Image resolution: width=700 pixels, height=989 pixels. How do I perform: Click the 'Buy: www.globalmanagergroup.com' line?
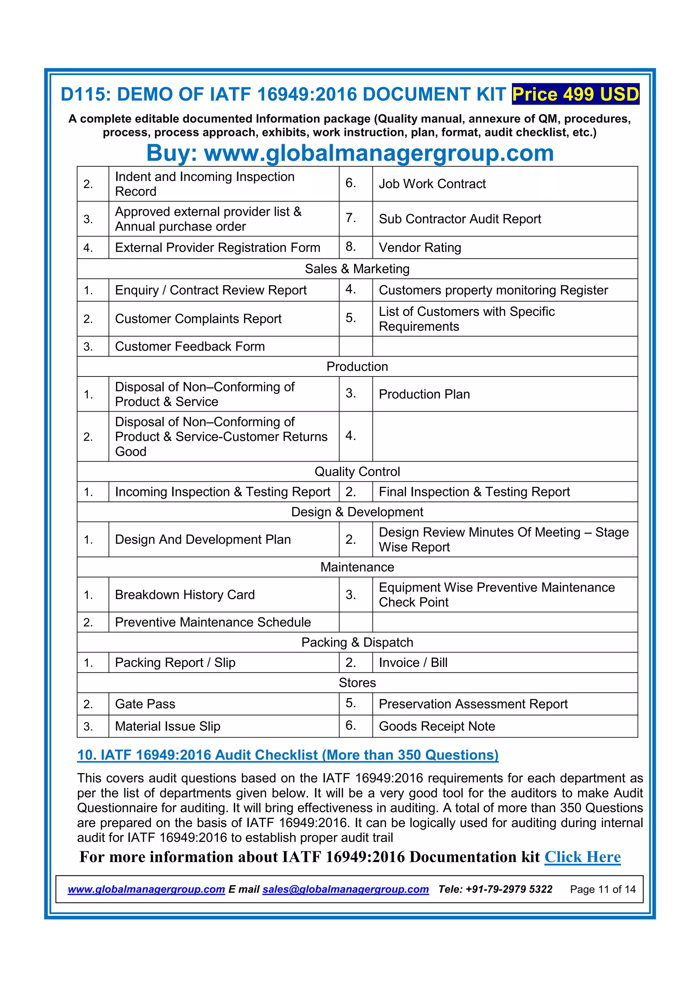[350, 153]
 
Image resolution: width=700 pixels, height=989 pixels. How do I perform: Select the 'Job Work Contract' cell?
[432, 184]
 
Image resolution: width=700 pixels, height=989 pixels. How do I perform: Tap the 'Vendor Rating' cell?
[420, 248]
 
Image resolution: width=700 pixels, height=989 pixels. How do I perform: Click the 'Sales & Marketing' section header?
[357, 269]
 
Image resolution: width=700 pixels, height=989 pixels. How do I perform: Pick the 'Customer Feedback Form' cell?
[190, 346]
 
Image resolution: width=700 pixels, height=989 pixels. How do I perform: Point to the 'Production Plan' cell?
[424, 394]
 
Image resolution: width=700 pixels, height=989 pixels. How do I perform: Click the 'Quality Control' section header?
[357, 472]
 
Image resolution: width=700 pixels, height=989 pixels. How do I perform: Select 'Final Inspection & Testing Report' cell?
[474, 492]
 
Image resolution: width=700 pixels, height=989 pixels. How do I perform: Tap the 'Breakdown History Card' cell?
[185, 595]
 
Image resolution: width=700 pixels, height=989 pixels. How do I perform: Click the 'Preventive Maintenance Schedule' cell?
[213, 622]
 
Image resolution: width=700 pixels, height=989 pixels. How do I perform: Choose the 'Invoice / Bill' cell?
[413, 662]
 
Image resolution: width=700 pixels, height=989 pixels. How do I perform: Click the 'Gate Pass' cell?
[145, 704]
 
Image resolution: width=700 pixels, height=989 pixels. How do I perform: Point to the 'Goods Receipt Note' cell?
[436, 726]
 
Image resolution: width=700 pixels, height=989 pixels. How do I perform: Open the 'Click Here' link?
[582, 857]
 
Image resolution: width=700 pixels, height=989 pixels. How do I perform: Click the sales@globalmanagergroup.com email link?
[345, 890]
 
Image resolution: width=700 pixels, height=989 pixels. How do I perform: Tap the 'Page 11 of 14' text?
[603, 890]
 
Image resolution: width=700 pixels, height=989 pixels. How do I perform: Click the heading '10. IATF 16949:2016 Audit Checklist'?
[287, 755]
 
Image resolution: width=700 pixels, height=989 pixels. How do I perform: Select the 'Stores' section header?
[357, 683]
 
